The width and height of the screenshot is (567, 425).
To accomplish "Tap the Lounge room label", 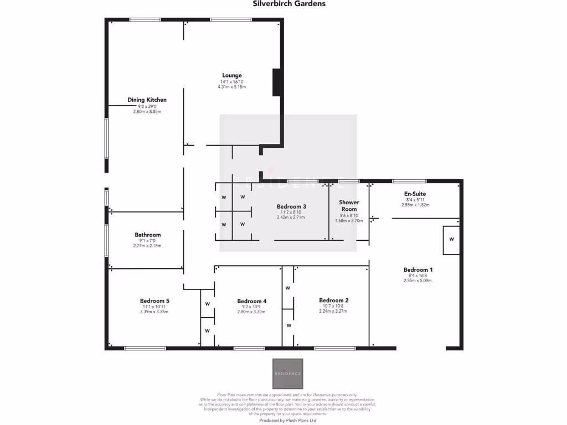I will click(x=232, y=75).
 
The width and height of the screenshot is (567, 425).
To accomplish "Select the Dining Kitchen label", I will click(x=147, y=100).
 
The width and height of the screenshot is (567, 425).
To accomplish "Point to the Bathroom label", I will click(x=147, y=235).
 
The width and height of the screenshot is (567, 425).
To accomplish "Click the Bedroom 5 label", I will click(x=154, y=300).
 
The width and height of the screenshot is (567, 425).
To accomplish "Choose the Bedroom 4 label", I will click(x=251, y=301).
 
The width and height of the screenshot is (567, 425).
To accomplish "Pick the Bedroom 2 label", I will click(x=333, y=300).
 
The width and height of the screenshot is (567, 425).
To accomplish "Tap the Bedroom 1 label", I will click(x=417, y=269).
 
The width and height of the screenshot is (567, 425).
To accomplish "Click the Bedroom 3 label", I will click(x=291, y=206).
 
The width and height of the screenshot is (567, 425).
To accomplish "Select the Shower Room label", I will click(x=349, y=206).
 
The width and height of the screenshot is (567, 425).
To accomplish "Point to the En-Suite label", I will click(x=415, y=193).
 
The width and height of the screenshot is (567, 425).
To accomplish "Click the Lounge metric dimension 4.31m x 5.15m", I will click(x=232, y=87).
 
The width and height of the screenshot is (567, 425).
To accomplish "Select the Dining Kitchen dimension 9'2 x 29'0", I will click(x=147, y=106).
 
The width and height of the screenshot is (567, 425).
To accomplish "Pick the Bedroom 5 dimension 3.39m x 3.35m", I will click(x=154, y=312).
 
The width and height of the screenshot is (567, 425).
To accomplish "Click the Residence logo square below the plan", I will click(x=288, y=374).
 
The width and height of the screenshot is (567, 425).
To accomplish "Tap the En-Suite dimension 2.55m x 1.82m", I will click(x=415, y=205).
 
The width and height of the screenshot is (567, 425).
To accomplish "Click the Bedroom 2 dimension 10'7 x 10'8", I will click(x=333, y=306).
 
